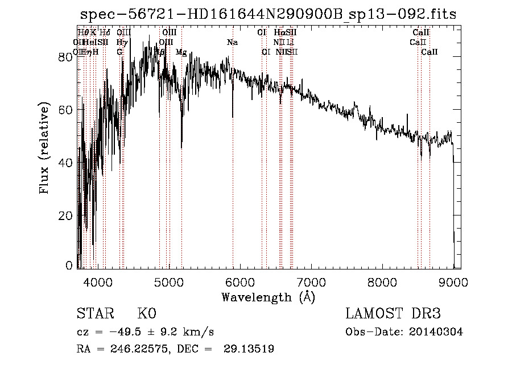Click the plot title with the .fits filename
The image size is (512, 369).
coord(267,14)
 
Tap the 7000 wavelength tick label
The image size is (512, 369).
coord(311,281)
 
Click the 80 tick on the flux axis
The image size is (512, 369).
coord(65,57)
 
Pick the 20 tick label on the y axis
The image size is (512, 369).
coord(65,216)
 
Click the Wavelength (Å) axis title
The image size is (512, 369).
coord(268,297)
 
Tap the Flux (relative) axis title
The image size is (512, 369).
coord(44,148)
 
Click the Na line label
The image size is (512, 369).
coord(232,43)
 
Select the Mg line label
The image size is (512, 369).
coord(181,52)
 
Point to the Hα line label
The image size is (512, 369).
coord(279,33)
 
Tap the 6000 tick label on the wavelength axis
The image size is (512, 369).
coord(240,281)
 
